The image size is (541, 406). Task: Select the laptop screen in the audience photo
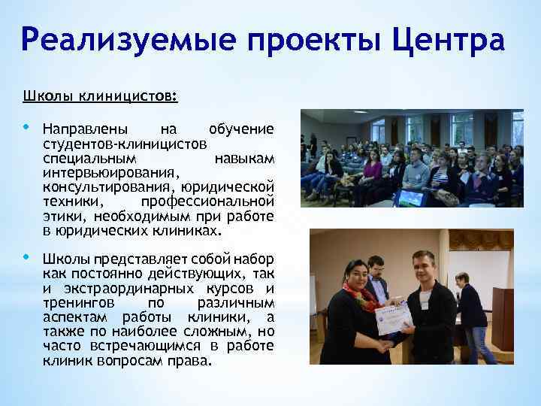click(x=410, y=198)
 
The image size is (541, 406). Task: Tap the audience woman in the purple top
click(x=371, y=170)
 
